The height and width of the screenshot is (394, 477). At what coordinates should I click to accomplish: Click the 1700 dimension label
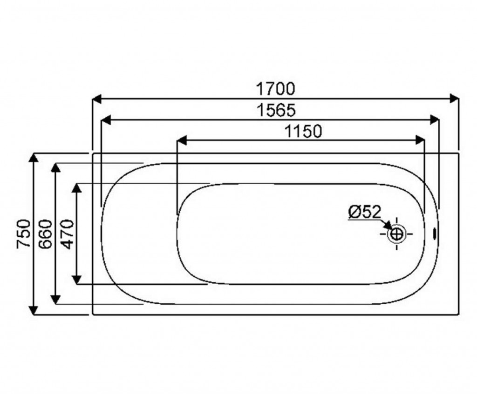coord(276,89)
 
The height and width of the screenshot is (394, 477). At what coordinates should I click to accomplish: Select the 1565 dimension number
coord(276,110)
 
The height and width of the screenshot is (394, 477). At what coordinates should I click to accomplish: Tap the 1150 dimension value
coord(303,132)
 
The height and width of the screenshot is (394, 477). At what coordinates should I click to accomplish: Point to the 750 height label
coord(23,234)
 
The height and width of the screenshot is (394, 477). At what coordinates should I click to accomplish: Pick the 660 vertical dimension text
coord(46,234)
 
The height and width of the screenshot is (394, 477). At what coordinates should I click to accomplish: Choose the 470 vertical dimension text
coord(67,234)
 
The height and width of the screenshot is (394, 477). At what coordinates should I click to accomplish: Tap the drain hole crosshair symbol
coord(397,234)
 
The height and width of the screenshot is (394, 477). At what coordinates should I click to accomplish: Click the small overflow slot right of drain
coord(435,234)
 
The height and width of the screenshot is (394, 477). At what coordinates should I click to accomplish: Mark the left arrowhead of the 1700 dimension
coord(96,99)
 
